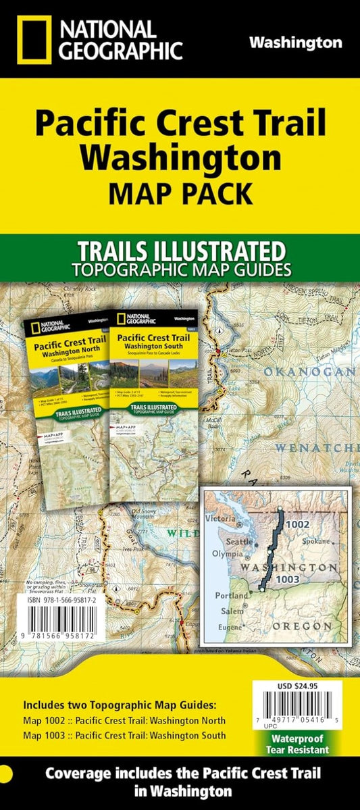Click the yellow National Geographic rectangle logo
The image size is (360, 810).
[x=31, y=39]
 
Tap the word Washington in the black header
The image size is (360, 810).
[x=295, y=43]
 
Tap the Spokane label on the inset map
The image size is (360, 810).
[x=316, y=541]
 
